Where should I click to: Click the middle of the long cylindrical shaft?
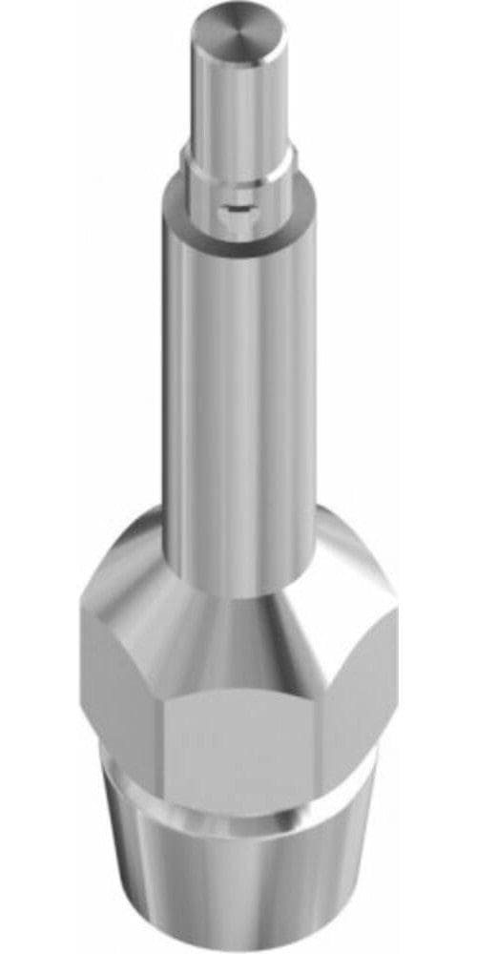(x=238, y=382)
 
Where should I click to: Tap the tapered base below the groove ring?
(x=238, y=887)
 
